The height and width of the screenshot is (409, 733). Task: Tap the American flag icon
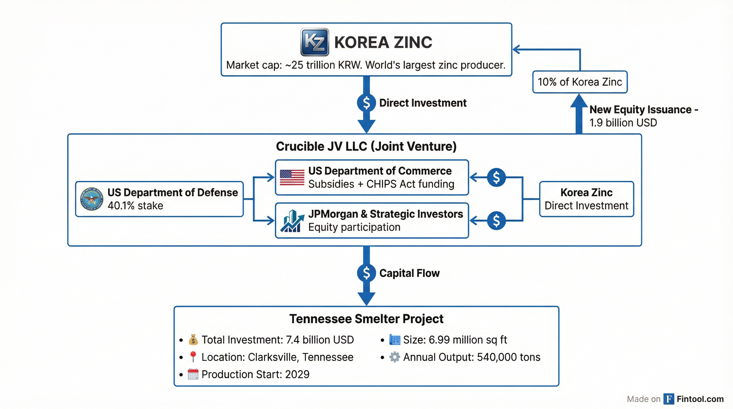point(292,178)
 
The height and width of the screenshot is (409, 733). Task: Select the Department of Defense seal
point(92,199)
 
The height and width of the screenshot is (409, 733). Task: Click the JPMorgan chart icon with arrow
point(291,221)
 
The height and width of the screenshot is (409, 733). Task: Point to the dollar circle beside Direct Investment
point(366,103)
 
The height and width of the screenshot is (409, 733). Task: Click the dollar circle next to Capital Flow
point(366,273)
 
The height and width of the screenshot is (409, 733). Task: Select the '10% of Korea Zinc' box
point(580,82)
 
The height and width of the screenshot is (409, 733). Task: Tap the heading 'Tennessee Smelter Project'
point(366,319)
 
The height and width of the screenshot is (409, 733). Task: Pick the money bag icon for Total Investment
point(193,340)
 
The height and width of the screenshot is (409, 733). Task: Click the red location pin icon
point(193,357)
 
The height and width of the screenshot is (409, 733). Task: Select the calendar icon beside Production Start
point(193,374)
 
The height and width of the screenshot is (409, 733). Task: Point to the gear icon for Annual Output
point(394,357)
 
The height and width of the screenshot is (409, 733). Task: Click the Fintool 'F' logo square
point(669,399)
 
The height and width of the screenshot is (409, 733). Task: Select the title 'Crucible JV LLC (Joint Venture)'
point(366,146)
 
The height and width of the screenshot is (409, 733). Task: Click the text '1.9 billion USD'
point(623,123)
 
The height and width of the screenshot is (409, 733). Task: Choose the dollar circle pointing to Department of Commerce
point(496,178)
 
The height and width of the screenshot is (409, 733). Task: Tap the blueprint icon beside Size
point(394,340)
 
